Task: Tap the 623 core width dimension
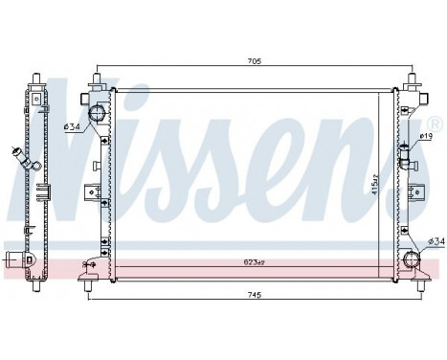(253, 260)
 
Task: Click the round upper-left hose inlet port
(97, 116)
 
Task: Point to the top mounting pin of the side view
(34, 78)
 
